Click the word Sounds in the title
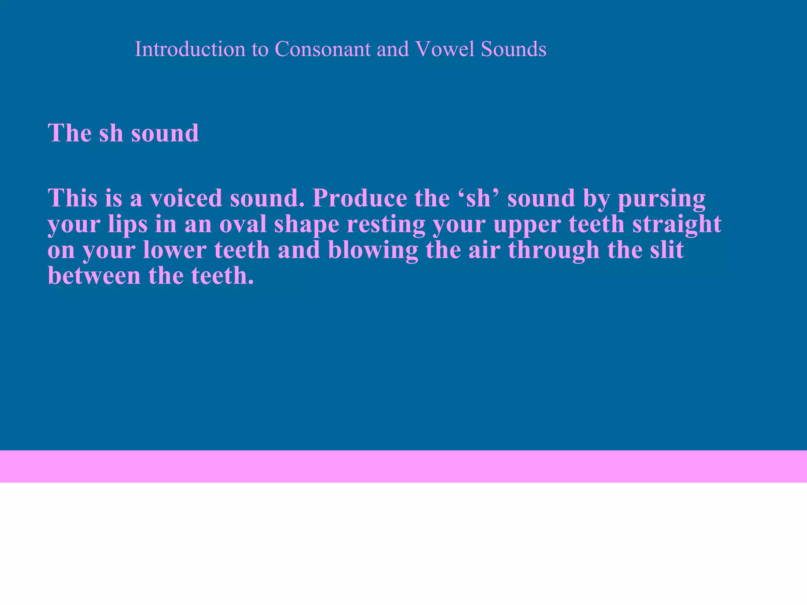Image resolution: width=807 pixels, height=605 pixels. tap(513, 49)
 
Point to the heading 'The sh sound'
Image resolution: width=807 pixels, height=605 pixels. tap(123, 133)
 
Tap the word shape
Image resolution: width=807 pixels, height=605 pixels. tap(307, 225)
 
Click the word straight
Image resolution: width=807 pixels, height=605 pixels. tap(677, 225)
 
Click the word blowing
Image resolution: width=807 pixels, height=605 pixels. tap(373, 250)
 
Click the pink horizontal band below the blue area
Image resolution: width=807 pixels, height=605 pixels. tap(403, 466)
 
